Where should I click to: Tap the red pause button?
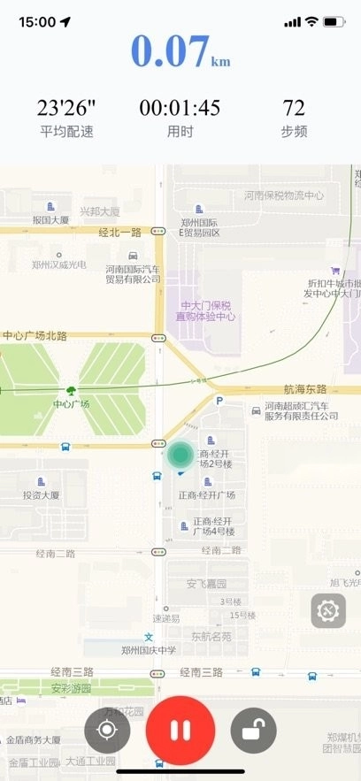[x=180, y=731]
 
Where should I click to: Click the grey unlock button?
[x=253, y=731]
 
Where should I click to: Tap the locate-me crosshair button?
[x=108, y=731]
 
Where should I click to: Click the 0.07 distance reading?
[x=172, y=52]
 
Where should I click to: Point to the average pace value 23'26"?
[x=66, y=109]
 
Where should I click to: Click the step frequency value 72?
[x=294, y=109]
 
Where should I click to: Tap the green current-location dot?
[x=180, y=455]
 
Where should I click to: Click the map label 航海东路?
[x=305, y=389]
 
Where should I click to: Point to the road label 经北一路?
[x=119, y=232]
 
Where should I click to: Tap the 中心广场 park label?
[x=71, y=404]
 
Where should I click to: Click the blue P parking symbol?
[x=219, y=401]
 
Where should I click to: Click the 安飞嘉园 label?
[x=206, y=584]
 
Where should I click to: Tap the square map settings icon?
[x=328, y=610]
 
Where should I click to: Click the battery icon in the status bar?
[x=334, y=21]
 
